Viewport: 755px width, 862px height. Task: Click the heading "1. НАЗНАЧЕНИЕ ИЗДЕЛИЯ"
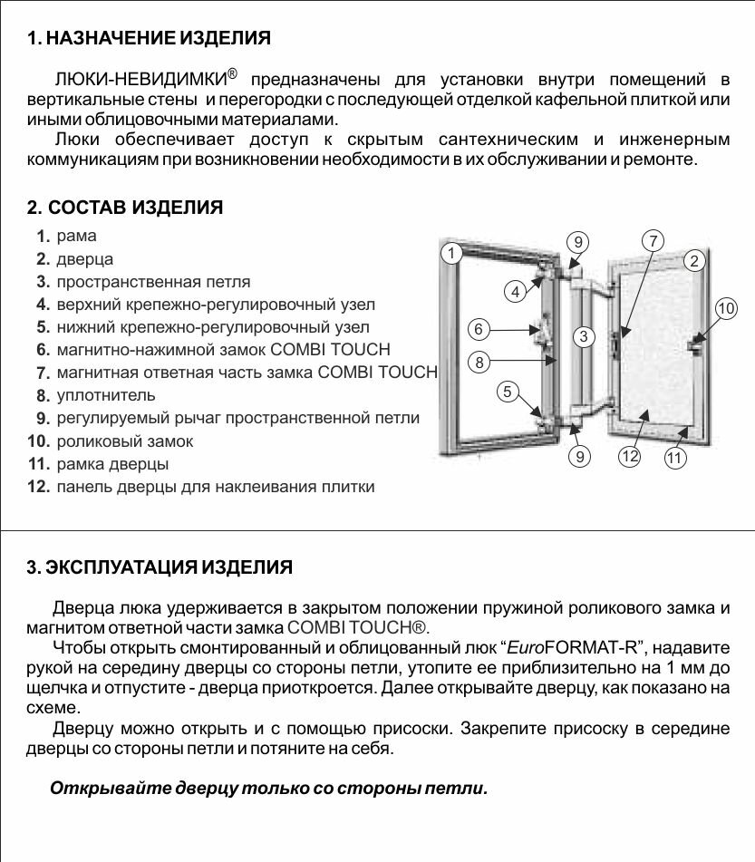click(149, 39)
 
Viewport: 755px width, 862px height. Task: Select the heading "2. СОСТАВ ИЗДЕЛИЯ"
click(125, 208)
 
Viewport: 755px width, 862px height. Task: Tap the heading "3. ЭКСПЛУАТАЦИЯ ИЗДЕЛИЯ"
click(160, 568)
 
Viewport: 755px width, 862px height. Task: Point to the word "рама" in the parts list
click(76, 236)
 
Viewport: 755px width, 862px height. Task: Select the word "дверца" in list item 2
click(84, 259)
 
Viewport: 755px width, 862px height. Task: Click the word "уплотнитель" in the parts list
click(106, 395)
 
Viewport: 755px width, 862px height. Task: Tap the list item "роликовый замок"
click(124, 441)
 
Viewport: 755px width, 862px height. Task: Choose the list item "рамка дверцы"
click(112, 464)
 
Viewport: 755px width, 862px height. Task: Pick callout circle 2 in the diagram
click(694, 261)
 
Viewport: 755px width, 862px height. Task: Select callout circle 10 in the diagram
click(726, 308)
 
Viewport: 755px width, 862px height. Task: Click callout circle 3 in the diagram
click(585, 336)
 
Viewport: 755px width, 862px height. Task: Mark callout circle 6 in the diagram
click(479, 328)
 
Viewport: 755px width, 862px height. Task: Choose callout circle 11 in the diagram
click(674, 458)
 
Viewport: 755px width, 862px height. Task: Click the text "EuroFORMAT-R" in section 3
click(573, 647)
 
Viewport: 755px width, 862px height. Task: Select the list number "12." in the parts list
click(38, 487)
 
